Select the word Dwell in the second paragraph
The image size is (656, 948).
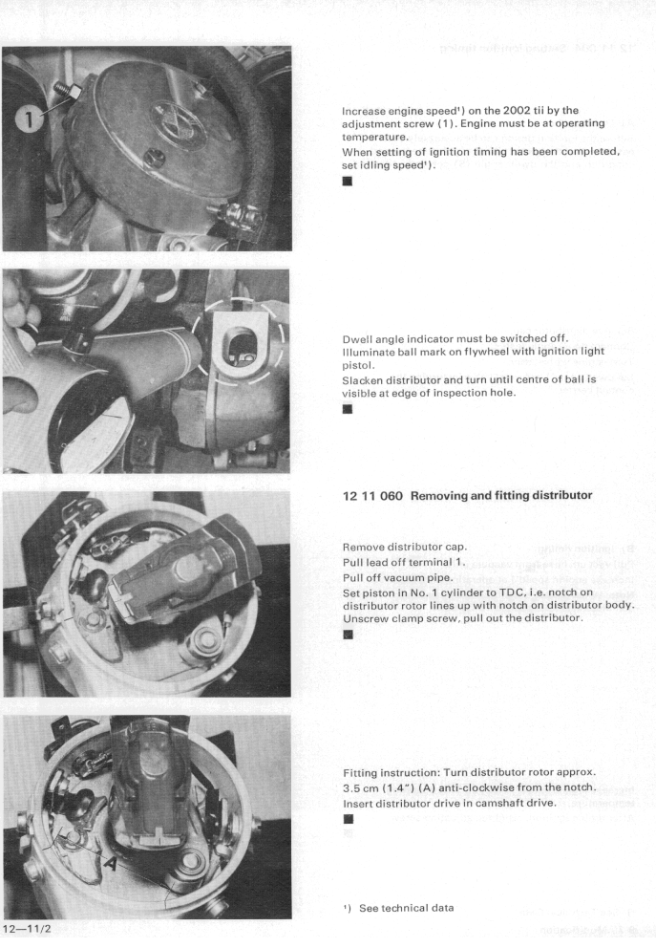[x=359, y=337]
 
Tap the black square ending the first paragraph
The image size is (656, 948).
[x=347, y=184]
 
